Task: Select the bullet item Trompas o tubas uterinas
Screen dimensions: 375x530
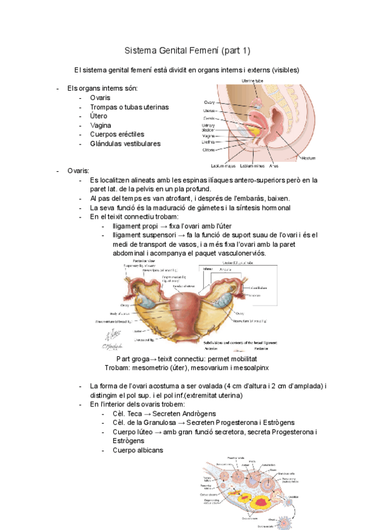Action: pos(129,107)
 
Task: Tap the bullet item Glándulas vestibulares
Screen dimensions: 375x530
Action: pos(125,143)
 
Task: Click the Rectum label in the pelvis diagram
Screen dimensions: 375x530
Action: pos(308,158)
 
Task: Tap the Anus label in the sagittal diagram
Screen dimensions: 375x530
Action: pos(274,166)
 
